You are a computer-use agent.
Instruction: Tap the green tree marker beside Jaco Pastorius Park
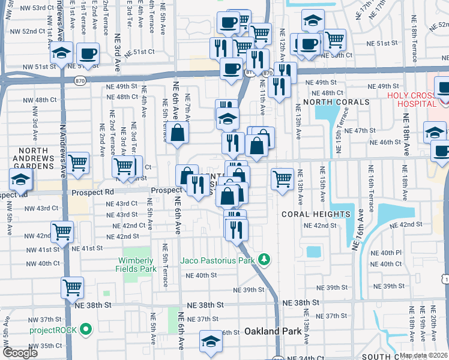click(264, 260)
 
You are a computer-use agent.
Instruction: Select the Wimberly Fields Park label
click(137, 265)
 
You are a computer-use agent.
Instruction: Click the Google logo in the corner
click(20, 353)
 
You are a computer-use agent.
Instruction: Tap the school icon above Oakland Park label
click(210, 342)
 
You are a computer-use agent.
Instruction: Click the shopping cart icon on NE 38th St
click(73, 287)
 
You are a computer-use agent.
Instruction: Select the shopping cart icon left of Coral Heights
click(282, 178)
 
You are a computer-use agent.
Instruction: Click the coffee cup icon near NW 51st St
click(88, 53)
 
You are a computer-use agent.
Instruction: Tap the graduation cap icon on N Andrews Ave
click(61, 53)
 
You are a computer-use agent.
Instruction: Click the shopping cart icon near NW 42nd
click(62, 231)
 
